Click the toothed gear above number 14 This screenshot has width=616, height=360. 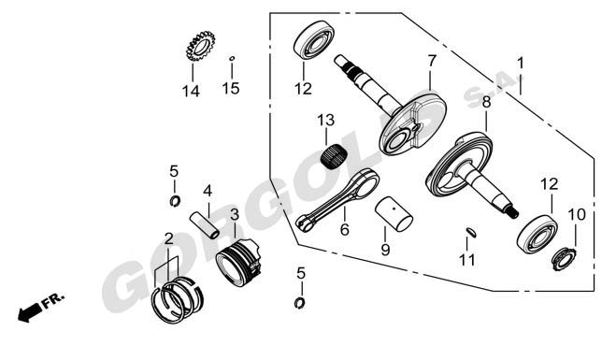tap(201, 46)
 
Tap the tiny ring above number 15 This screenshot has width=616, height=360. tap(232, 59)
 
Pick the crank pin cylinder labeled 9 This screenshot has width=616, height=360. tap(394, 214)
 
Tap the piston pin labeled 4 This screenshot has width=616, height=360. tap(205, 225)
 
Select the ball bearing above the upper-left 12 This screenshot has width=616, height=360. tap(314, 40)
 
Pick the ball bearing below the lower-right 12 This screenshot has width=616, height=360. tap(537, 235)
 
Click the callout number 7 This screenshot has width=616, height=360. tap(431, 61)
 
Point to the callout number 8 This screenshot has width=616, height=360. tap(486, 102)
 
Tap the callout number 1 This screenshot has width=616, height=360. tap(521, 63)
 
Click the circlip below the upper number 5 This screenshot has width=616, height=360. tap(175, 201)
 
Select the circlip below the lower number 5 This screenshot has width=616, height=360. tap(300, 303)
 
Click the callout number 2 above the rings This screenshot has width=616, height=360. tap(168, 238)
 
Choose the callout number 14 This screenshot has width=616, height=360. tap(191, 92)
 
